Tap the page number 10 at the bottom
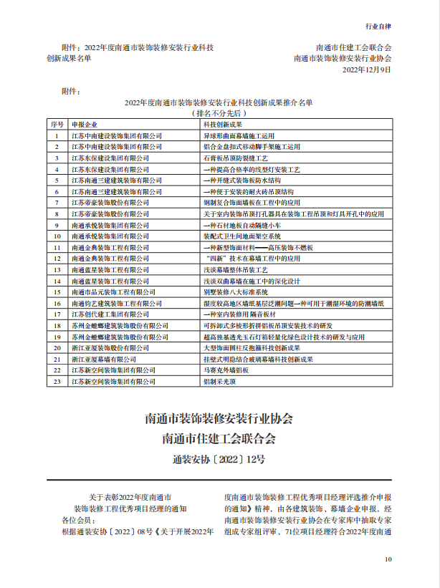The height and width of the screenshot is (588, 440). (388, 559)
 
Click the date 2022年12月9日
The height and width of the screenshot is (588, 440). (367, 69)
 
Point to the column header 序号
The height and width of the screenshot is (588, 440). (57, 124)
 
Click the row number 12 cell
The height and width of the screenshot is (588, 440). (57, 259)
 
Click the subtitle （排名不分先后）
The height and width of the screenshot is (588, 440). (219, 113)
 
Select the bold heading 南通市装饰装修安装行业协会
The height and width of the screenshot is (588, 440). (219, 418)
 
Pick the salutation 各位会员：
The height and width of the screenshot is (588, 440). (78, 519)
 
